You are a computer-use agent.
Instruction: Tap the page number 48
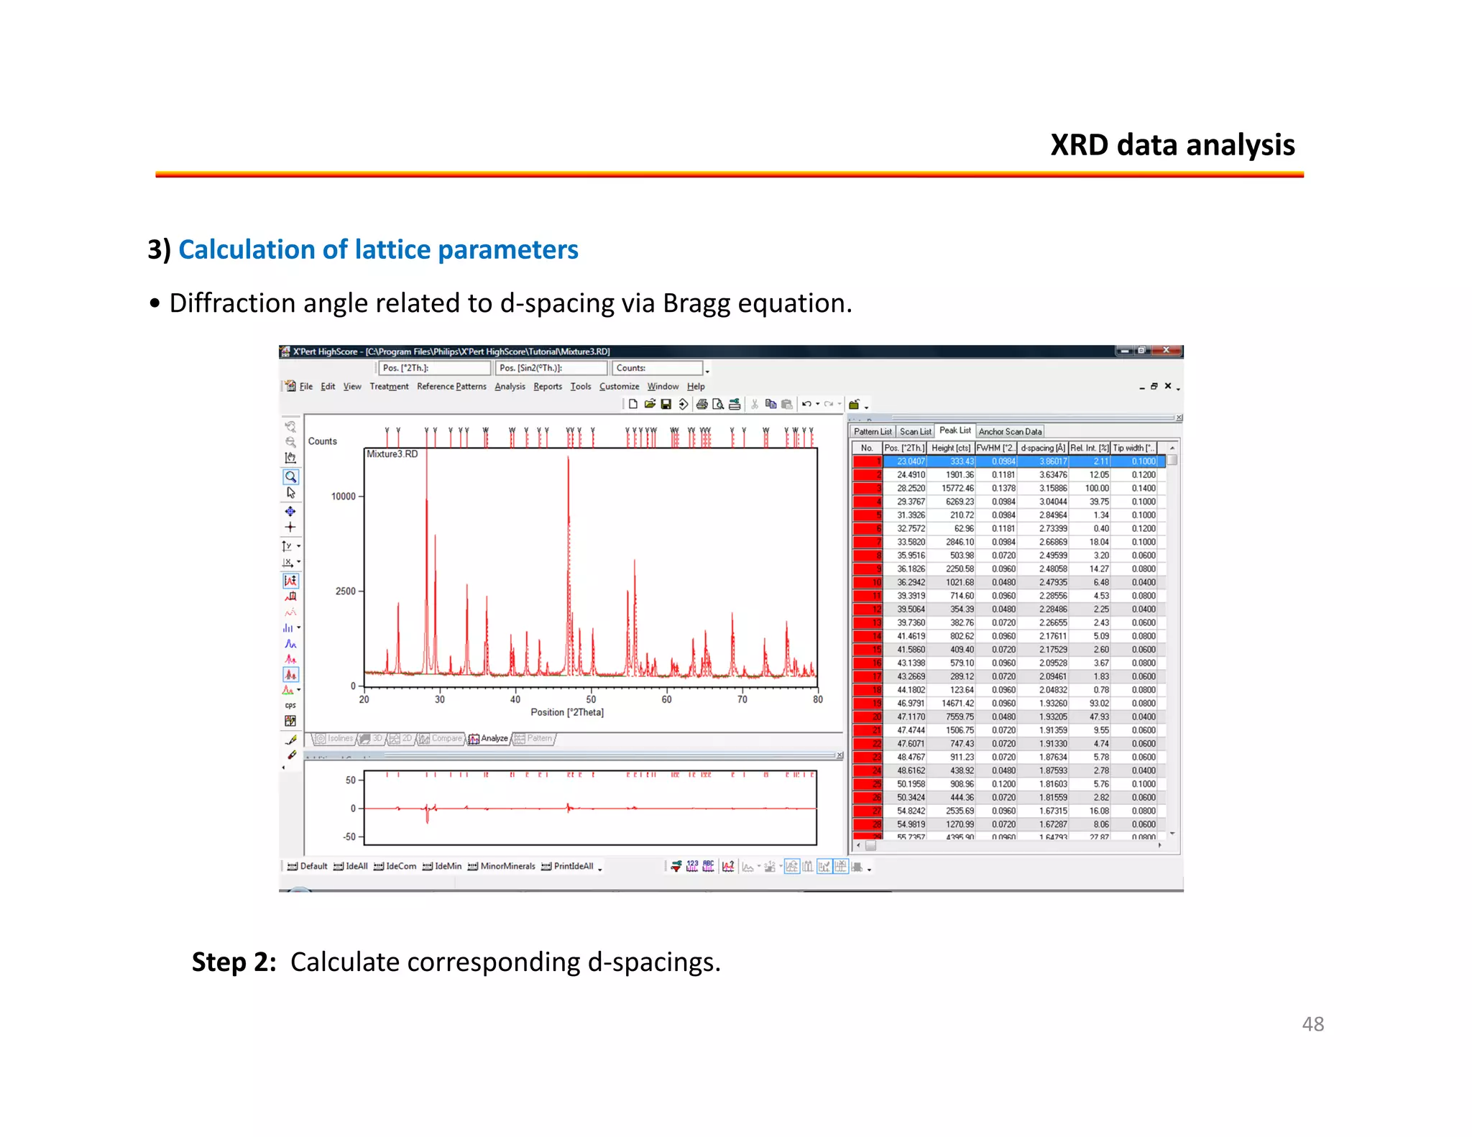pyautogui.click(x=1312, y=1023)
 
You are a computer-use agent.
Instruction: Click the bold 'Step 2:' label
pyautogui.click(x=234, y=962)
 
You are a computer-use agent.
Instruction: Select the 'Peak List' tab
pyautogui.click(x=954, y=431)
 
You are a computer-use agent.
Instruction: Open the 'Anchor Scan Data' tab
pyautogui.click(x=1009, y=432)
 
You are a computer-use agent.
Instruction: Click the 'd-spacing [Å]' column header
pyautogui.click(x=1042, y=448)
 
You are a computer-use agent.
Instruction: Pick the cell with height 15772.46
pyautogui.click(x=957, y=488)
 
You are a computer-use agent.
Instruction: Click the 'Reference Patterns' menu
pyautogui.click(x=451, y=387)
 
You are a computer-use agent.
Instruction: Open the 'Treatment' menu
pyautogui.click(x=389, y=387)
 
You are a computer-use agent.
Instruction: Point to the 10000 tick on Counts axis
pyautogui.click(x=344, y=497)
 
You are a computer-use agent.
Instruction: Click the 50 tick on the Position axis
pyautogui.click(x=591, y=699)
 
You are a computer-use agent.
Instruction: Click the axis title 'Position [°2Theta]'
pyautogui.click(x=567, y=712)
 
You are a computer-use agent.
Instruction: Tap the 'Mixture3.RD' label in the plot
pyautogui.click(x=392, y=454)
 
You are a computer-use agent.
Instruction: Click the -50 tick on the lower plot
pyautogui.click(x=349, y=837)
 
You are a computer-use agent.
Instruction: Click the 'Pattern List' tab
pyautogui.click(x=873, y=432)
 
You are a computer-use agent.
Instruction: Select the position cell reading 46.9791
pyautogui.click(x=910, y=704)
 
